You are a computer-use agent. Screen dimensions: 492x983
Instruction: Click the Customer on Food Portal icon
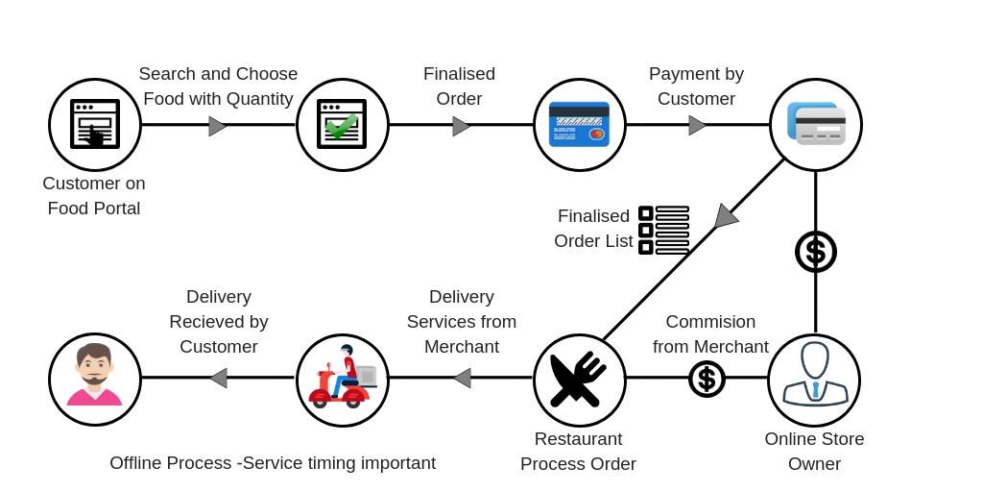tap(95, 125)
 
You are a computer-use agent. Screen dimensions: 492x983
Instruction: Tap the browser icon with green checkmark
tap(343, 125)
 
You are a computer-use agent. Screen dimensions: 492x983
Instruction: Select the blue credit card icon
tap(580, 125)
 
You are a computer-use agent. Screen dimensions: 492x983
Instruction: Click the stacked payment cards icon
tap(816, 125)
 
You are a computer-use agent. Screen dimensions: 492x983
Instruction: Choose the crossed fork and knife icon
tap(579, 380)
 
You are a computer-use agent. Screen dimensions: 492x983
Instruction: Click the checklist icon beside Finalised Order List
tap(663, 231)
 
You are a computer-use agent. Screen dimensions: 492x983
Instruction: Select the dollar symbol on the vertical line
tap(816, 252)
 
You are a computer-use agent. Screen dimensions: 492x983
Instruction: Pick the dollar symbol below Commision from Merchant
tap(707, 379)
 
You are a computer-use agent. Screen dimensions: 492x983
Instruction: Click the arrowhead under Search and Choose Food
tap(217, 126)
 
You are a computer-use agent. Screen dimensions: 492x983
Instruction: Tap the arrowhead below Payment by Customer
tap(697, 125)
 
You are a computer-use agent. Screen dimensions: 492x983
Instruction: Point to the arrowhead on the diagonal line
tap(725, 217)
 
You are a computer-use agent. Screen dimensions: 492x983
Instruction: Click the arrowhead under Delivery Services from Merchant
tap(462, 378)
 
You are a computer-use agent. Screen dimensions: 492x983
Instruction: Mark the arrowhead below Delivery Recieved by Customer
tap(218, 378)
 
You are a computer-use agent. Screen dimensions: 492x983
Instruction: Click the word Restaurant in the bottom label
tap(578, 439)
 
